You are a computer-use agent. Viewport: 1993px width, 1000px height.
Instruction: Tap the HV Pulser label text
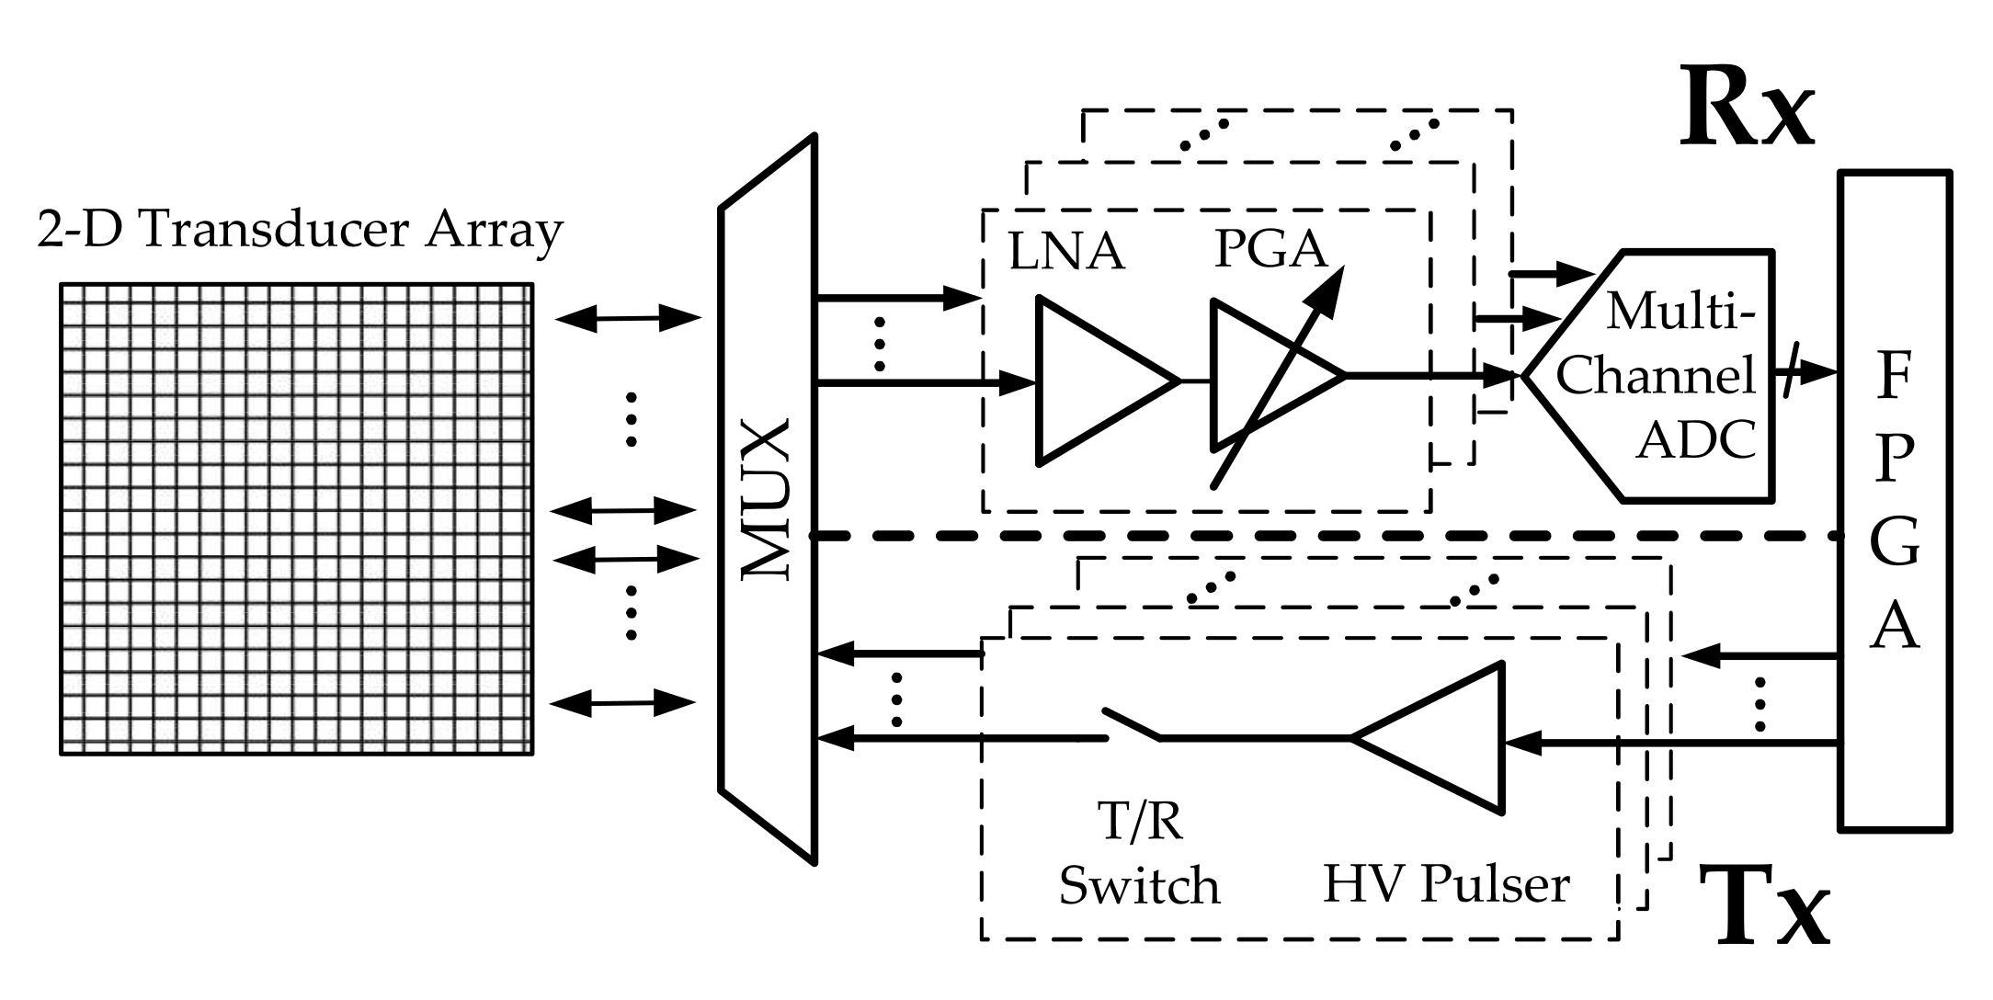point(1445,884)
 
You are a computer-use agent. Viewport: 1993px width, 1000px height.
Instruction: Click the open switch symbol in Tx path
point(1131,724)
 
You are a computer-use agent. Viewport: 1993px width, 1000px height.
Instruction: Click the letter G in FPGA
point(1894,542)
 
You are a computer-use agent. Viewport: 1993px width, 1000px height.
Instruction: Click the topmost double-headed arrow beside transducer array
point(628,319)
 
